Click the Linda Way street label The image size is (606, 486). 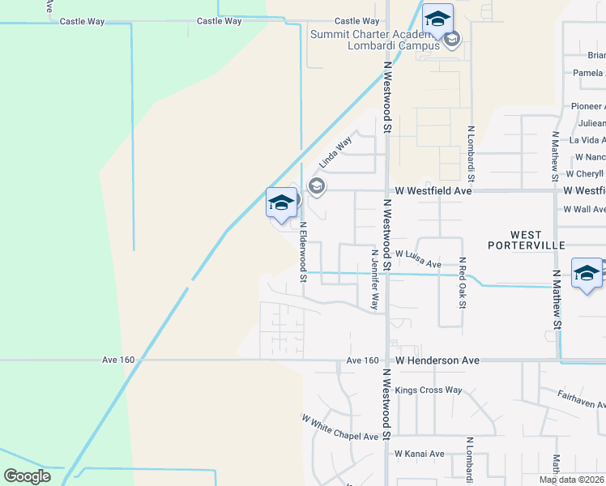pos(335,152)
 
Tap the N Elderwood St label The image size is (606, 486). pos(304,252)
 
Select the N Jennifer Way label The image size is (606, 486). pos(374,279)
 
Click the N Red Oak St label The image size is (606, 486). pos(462,283)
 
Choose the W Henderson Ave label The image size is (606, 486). pos(437,360)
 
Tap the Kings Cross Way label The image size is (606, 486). pos(429,390)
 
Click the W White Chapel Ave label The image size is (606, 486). pos(340,428)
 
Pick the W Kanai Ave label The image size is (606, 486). pos(420,454)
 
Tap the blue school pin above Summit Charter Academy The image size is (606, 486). pos(437,19)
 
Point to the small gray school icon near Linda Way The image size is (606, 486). pos(317,187)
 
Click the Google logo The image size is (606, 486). pos(28,475)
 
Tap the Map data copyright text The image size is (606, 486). pos(572,480)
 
